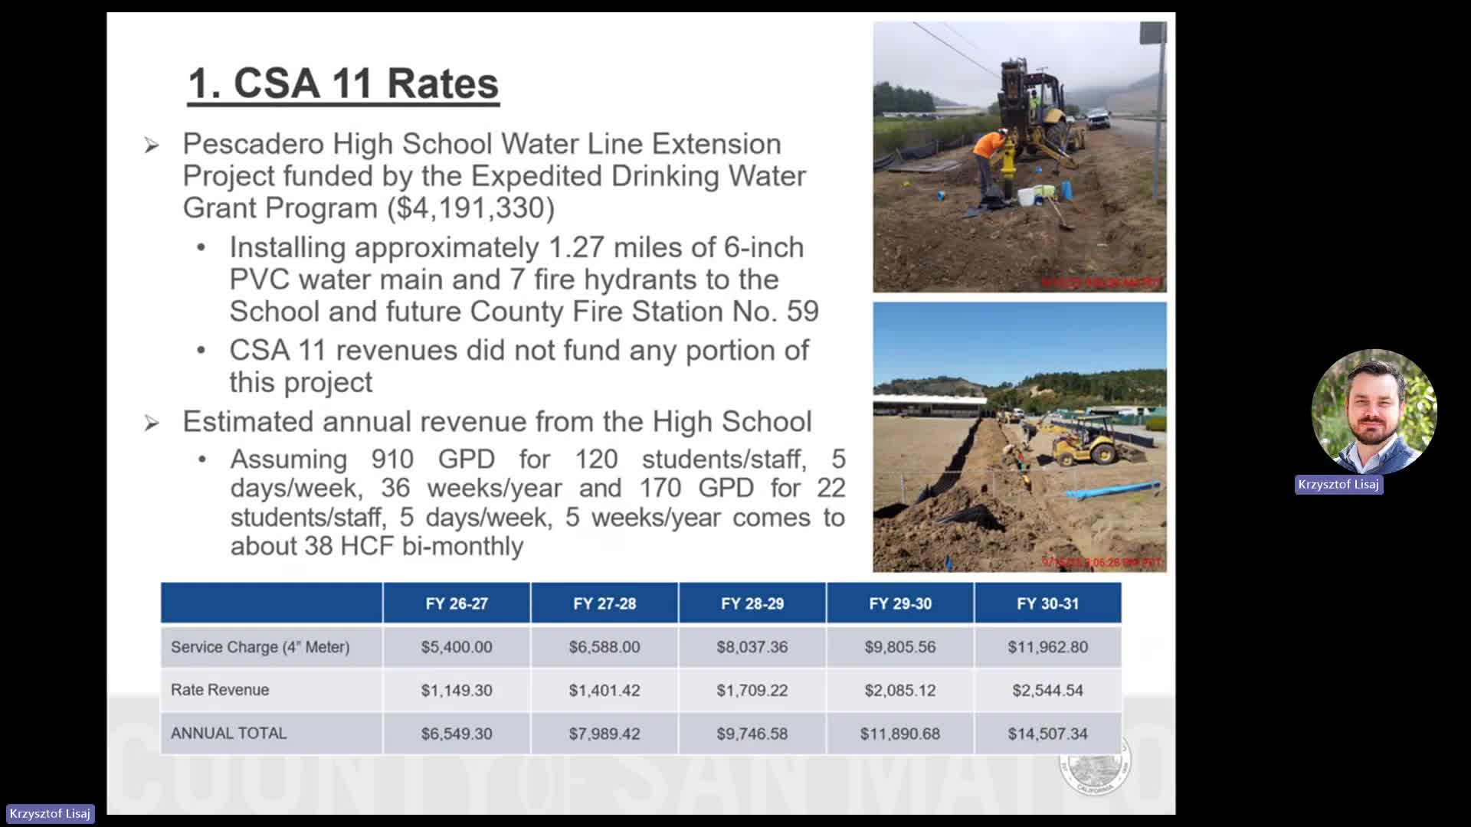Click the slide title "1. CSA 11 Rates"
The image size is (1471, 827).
343,83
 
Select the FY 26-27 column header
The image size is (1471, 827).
457,603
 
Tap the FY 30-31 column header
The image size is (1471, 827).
1047,603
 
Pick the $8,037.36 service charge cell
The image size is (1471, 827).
752,647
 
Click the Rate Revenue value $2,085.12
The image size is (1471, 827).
899,690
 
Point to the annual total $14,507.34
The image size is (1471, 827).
1047,734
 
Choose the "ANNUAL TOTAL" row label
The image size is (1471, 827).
228,734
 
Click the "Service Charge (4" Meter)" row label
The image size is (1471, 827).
260,647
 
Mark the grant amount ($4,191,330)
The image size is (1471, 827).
471,208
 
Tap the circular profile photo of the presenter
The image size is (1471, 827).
1374,411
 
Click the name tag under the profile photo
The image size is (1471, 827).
1338,485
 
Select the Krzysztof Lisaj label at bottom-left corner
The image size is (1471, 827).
50,814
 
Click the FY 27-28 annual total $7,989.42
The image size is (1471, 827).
604,734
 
